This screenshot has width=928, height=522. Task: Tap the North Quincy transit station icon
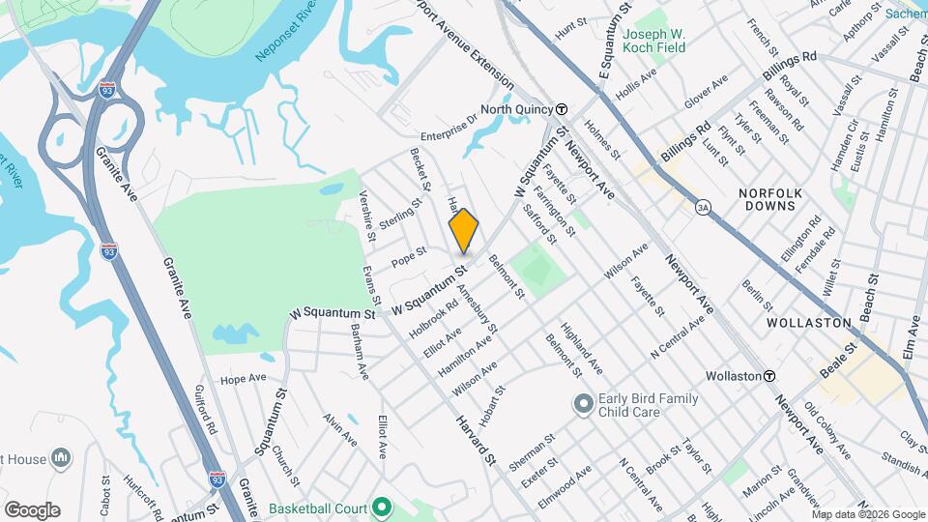(x=561, y=109)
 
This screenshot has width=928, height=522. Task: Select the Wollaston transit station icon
(x=769, y=375)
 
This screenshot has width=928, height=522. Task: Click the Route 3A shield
(x=703, y=206)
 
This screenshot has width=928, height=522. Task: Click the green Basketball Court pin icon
(x=383, y=507)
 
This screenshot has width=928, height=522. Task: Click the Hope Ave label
(x=243, y=378)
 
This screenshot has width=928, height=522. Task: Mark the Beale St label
(x=839, y=359)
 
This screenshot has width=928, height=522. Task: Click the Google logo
(x=32, y=509)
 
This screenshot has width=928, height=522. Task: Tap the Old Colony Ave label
(x=826, y=431)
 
